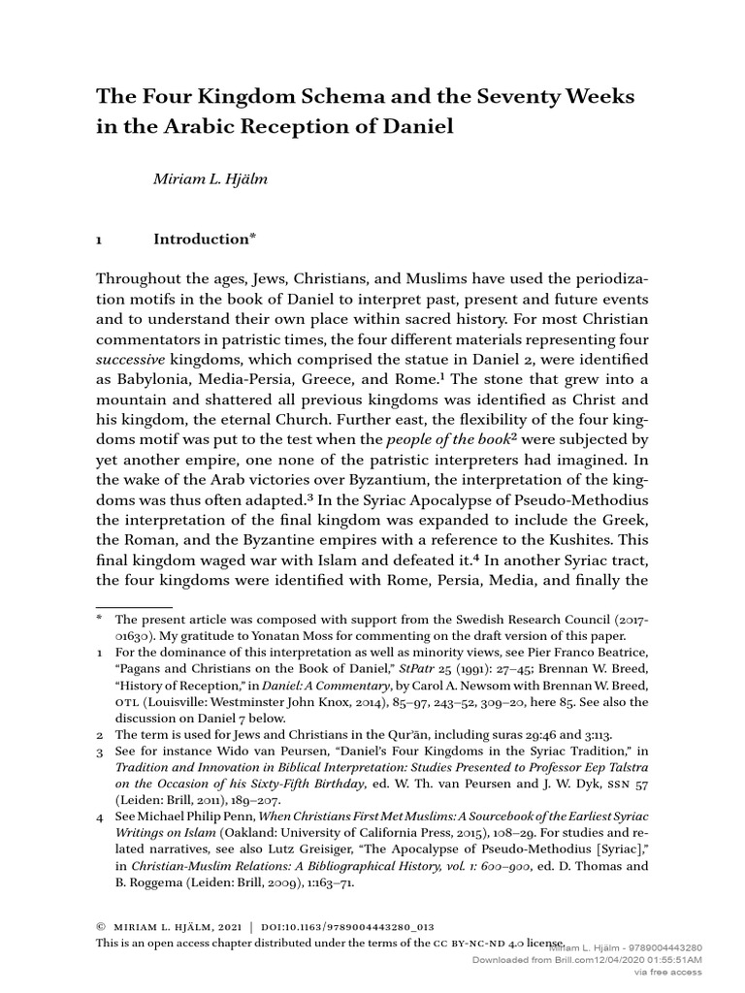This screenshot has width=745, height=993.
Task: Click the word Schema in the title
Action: (x=297, y=97)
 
